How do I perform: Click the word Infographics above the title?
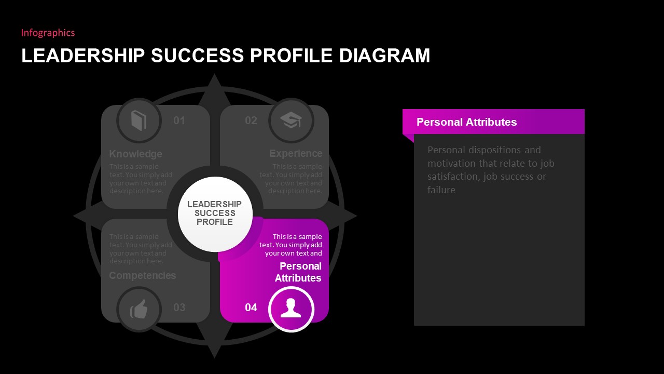tap(48, 33)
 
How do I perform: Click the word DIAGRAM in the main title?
tap(384, 56)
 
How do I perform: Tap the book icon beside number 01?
tap(139, 121)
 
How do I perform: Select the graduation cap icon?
tap(291, 121)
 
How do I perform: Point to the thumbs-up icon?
tap(139, 310)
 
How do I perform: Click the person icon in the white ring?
tap(291, 309)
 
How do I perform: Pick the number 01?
tap(179, 121)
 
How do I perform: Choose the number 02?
tap(251, 121)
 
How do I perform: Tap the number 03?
tap(179, 308)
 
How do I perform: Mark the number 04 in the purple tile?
tap(251, 308)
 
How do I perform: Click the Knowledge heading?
tap(135, 154)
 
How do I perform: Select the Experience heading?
tap(296, 154)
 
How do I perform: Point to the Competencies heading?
tap(142, 275)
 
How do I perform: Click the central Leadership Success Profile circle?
tap(215, 213)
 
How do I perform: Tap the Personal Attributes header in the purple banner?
tap(467, 122)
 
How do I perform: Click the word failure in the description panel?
tap(441, 190)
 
